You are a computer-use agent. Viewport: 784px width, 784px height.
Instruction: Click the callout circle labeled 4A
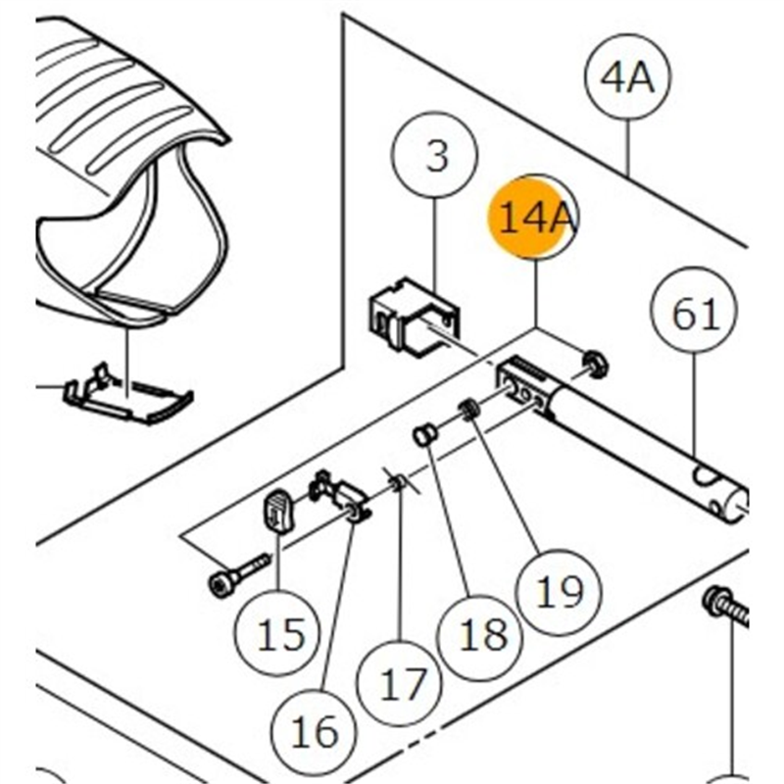coord(626,78)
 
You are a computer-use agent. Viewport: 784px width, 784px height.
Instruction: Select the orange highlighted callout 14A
coord(534,218)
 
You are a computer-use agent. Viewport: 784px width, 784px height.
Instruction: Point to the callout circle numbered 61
coord(696,314)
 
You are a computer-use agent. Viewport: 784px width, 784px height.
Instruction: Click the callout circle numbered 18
coord(482,634)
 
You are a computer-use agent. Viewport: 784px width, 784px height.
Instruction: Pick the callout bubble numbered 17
coord(404,684)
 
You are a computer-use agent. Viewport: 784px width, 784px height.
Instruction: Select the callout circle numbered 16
coord(315,730)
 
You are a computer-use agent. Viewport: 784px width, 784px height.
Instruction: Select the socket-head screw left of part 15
coord(235,575)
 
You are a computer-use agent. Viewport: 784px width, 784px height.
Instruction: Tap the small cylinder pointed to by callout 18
coord(424,434)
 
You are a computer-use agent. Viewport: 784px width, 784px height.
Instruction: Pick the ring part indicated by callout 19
coord(469,409)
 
